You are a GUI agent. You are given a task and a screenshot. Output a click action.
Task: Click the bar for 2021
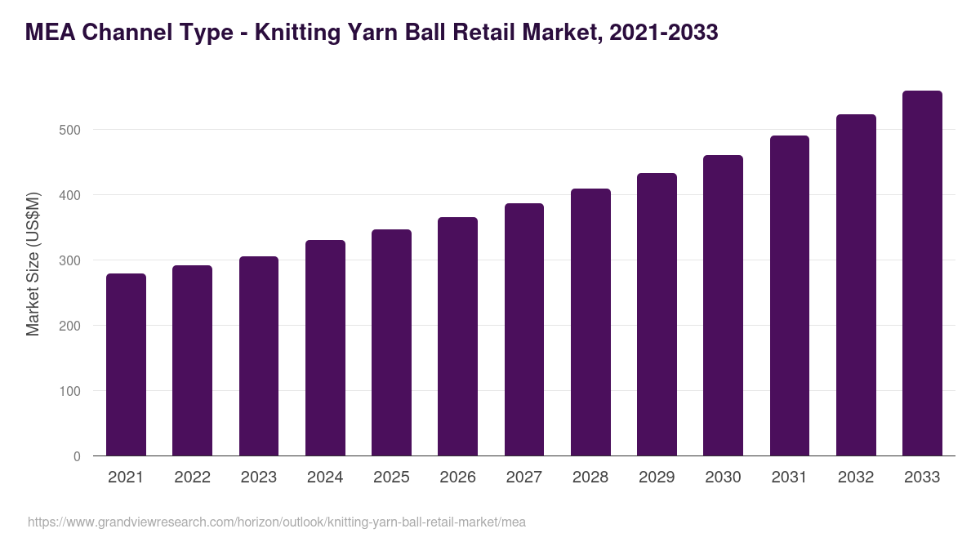point(126,365)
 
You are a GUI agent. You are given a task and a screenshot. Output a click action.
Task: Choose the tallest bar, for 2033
point(922,273)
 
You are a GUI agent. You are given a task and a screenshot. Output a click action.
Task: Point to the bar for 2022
point(192,361)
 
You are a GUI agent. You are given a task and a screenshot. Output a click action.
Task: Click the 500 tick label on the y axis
point(71,130)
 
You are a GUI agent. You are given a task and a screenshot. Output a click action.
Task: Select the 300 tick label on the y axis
point(71,260)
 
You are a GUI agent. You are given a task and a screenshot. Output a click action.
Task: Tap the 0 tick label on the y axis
point(77,456)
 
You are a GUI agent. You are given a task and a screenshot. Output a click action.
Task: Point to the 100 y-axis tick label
point(71,391)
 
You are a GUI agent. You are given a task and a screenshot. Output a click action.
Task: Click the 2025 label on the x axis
point(391,478)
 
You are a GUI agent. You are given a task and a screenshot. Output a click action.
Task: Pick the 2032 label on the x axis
point(856,478)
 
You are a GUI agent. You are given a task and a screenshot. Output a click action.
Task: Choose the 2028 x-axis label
point(590,478)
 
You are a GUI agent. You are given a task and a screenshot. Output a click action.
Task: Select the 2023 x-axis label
point(258,478)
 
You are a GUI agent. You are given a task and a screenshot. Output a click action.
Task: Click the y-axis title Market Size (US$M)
point(33,263)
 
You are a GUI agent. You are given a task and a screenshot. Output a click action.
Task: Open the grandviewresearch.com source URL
point(277,522)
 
